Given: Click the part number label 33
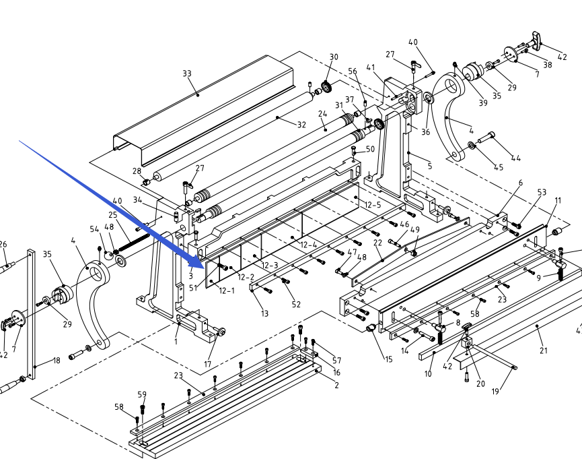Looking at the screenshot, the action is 187,73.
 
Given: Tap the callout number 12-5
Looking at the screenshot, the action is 373,205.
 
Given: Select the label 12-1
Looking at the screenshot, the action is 227,290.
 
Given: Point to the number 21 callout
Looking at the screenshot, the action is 544,350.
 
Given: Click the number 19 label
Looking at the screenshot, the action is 495,392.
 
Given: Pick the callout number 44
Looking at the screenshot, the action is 515,158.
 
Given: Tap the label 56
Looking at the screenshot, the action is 353,71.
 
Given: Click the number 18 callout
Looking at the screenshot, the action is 56,361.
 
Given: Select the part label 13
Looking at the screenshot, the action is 264,313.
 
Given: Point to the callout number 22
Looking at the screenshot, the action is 377,243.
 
